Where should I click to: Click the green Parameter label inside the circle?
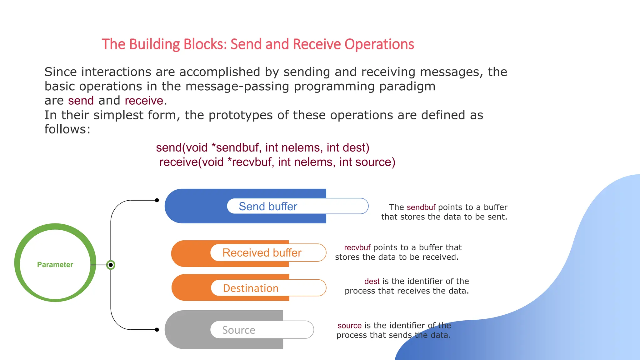55,265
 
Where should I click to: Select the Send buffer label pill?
297,206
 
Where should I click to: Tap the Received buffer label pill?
268,252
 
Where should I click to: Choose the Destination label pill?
268,288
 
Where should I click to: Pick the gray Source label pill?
262,330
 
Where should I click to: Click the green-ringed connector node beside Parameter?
111,265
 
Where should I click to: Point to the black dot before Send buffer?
157,200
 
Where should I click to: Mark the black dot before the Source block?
157,330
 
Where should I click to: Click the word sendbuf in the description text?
421,207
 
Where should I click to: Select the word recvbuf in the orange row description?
357,247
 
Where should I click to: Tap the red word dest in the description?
372,281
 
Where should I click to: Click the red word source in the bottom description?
349,326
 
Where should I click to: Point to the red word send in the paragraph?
81,101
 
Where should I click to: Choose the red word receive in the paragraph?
144,101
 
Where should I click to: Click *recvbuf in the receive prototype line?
251,162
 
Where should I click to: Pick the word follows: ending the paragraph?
67,129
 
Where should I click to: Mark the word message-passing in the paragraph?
237,86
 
